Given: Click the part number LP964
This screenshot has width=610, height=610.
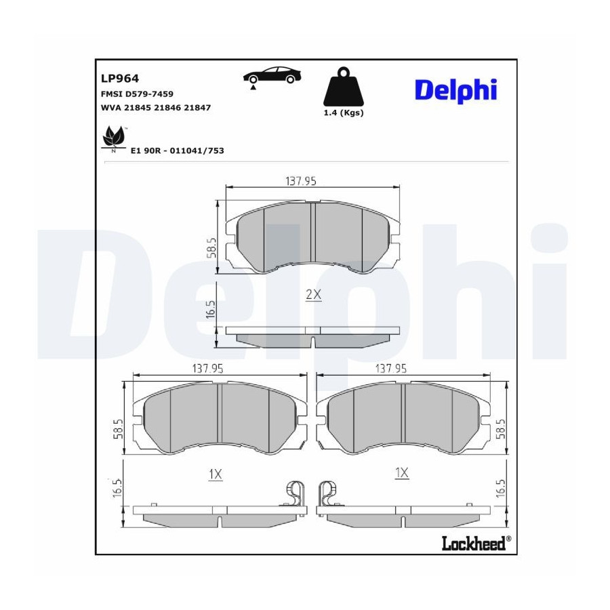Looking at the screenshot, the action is pos(120,78).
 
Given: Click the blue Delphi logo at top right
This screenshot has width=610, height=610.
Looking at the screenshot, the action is pos(455,90).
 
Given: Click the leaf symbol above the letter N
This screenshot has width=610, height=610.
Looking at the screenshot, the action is pos(114,136).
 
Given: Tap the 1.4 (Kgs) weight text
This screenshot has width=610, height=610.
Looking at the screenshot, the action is pos(344,113).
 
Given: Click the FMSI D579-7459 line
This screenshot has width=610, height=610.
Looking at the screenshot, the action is pos(137,94).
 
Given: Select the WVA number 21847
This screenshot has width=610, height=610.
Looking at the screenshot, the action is pos(197,108).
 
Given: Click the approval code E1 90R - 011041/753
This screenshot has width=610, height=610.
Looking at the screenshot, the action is pos(178,150).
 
